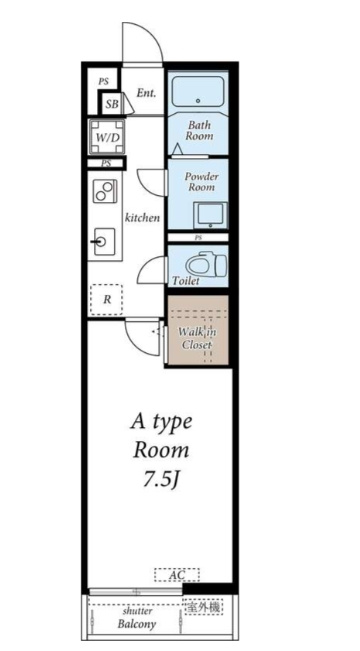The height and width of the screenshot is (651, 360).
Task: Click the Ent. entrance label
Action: [146, 93]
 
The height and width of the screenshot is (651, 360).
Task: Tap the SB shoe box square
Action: [111, 103]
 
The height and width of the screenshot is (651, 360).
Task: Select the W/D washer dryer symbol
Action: [107, 137]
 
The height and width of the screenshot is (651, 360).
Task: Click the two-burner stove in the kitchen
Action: [105, 191]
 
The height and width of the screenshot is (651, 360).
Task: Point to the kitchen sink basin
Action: [104, 241]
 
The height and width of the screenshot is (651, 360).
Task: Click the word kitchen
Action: [142, 217]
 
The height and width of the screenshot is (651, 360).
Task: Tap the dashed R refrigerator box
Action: [107, 300]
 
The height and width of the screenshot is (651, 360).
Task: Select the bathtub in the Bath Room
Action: [198, 92]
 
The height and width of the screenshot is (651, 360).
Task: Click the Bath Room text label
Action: [199, 130]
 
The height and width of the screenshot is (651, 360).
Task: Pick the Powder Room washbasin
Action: [211, 215]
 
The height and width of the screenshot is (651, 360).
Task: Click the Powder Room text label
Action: [201, 182]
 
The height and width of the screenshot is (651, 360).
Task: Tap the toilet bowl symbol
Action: [206, 264]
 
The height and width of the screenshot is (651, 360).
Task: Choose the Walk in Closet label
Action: [197, 338]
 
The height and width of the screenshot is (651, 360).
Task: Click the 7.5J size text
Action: [161, 480]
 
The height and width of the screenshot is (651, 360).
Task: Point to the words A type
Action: [162, 423]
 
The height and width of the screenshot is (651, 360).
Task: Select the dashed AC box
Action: [177, 575]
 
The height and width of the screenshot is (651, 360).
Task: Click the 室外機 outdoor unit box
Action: [203, 607]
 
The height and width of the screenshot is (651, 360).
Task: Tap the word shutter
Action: [137, 612]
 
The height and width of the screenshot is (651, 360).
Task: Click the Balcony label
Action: [137, 624]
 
